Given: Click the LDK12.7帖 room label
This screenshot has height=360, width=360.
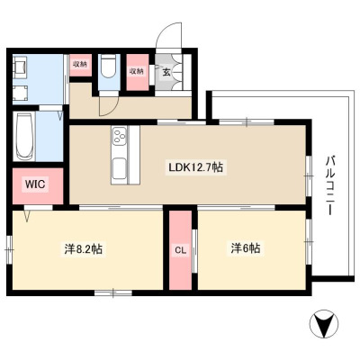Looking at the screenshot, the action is pos(195,167).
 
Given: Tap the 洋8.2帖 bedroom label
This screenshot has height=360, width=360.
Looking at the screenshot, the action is pos(83,248).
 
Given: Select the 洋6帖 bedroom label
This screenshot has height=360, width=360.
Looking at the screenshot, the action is pos(246,248).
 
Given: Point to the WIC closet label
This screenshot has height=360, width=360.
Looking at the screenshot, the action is pos(35,184).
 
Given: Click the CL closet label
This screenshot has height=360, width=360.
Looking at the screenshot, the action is pos(181,250).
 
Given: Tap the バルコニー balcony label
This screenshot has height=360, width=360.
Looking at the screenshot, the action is pos(331,185).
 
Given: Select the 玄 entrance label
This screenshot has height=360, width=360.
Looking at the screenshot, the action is pos(166,72).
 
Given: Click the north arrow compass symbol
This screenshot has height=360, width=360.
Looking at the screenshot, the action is pos(324,323).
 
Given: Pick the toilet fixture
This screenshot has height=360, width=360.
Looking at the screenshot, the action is pos(109,67).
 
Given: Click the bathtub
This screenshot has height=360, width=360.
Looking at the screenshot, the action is pos(25,137).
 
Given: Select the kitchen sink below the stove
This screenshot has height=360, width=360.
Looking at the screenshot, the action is pos(119,170).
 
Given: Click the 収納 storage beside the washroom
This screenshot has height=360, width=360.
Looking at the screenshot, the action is pos(80,65).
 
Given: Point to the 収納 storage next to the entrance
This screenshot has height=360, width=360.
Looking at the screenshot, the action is pos(137,72).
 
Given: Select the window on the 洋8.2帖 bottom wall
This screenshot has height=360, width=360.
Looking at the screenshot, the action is pos(113,292).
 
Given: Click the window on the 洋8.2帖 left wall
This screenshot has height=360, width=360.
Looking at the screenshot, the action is pos(10,249).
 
